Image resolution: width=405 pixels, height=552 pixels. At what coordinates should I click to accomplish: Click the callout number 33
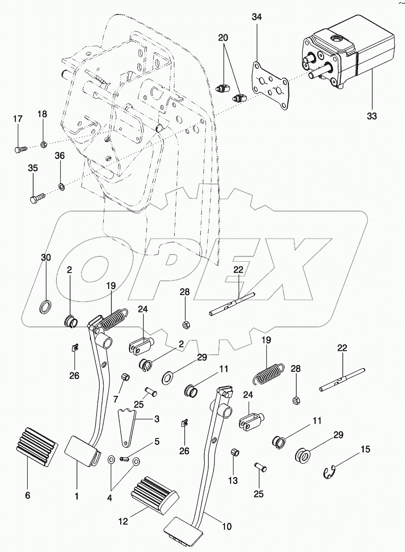click(372, 117)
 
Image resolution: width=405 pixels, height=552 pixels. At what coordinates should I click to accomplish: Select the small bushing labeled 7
click(126, 378)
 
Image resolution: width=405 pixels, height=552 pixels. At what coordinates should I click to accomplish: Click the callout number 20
click(223, 37)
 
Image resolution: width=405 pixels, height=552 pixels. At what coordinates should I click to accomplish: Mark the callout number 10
click(227, 526)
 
